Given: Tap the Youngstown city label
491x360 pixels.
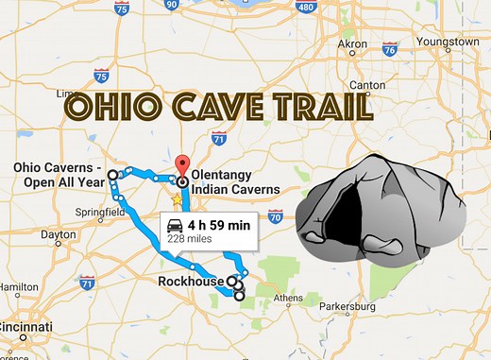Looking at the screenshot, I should coord(448,42).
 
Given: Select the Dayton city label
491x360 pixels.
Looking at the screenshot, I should coord(59,233).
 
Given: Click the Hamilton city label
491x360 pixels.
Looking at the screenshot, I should coord(20,285).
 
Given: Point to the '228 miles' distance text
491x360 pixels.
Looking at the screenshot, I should coord(189,240).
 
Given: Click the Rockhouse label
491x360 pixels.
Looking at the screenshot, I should coord(192,281).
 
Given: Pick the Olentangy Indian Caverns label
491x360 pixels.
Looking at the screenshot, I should coord(234,182).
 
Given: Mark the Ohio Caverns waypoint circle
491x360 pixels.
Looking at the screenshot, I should coord(112,174).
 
